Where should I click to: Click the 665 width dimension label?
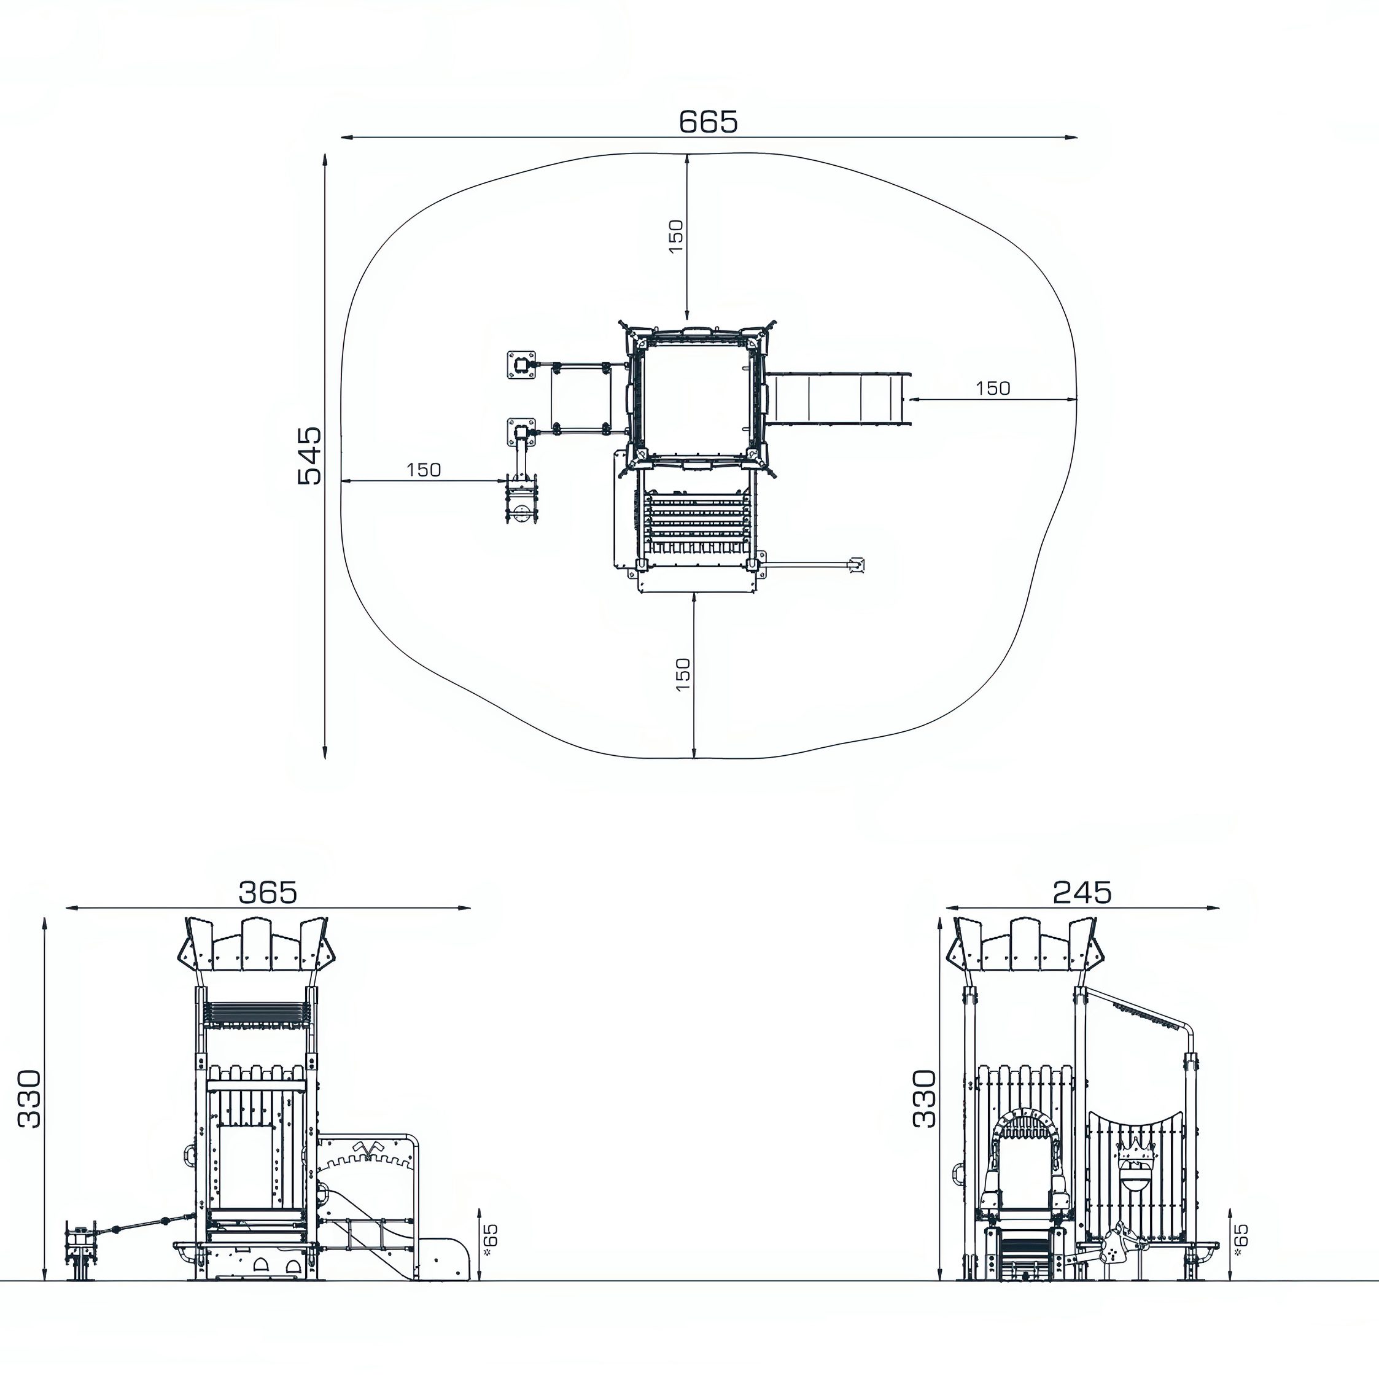click(x=707, y=122)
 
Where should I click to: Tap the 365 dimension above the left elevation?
click(x=267, y=892)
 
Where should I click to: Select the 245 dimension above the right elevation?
click(x=1082, y=892)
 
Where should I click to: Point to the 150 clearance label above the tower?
click(x=675, y=236)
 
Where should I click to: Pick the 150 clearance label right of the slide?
click(x=992, y=388)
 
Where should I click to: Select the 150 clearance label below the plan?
click(x=683, y=674)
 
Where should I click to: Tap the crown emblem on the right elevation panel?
click(x=1135, y=1151)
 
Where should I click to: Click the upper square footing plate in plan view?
click(x=522, y=365)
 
